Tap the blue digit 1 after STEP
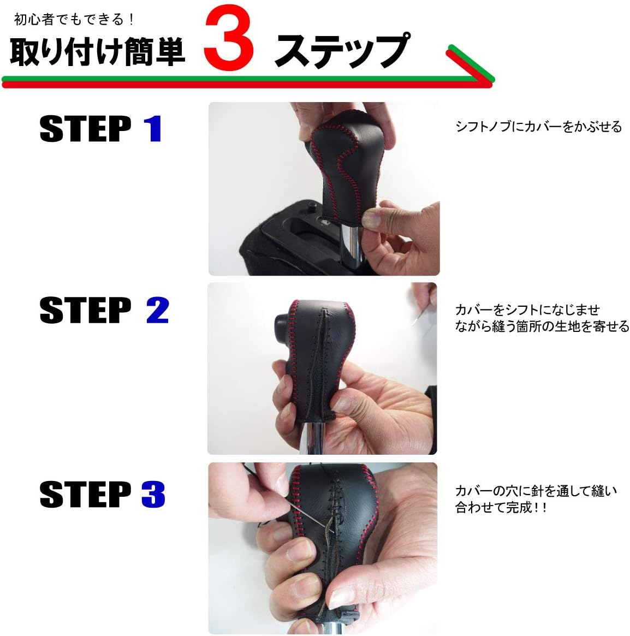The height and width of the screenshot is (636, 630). (153, 129)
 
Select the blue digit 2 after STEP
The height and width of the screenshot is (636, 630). (157, 311)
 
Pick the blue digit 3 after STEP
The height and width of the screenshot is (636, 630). (153, 494)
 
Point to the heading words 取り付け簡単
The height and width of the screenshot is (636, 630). (97, 53)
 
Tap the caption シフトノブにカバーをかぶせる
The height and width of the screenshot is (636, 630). (538, 127)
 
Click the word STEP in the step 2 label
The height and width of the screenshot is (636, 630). (85, 311)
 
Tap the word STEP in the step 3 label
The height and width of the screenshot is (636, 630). (85, 494)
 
